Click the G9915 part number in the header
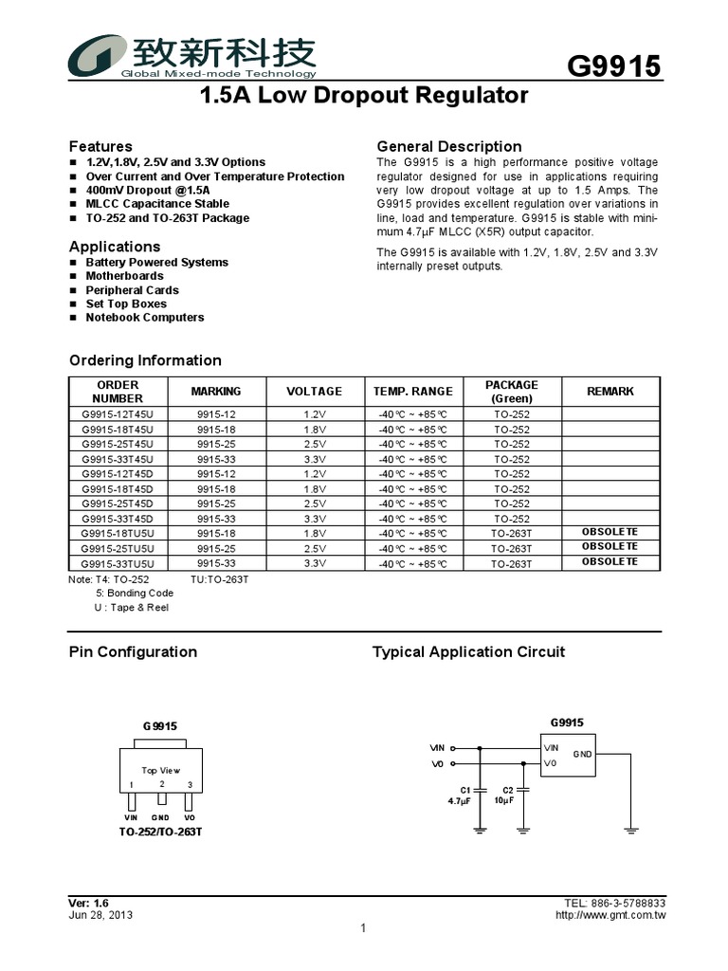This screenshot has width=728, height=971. point(612,66)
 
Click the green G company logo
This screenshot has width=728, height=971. point(95,56)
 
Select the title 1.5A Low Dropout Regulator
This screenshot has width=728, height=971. point(364,96)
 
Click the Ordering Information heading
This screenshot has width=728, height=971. point(145,360)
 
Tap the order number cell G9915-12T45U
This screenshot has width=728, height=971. point(118,414)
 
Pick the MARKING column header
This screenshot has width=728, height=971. point(216,392)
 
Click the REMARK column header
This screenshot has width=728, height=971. point(610,392)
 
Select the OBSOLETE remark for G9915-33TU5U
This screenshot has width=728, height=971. point(610,562)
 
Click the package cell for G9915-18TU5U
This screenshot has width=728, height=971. point(511,534)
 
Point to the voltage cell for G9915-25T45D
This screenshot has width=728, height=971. point(314,504)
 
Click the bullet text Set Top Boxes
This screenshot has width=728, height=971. point(126,304)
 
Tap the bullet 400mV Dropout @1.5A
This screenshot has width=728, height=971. point(148,191)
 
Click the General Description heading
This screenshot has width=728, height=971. point(449,146)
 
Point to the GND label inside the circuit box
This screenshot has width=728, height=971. point(581,755)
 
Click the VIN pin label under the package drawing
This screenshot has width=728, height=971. point(132,817)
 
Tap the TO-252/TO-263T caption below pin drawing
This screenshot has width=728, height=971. point(160,832)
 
